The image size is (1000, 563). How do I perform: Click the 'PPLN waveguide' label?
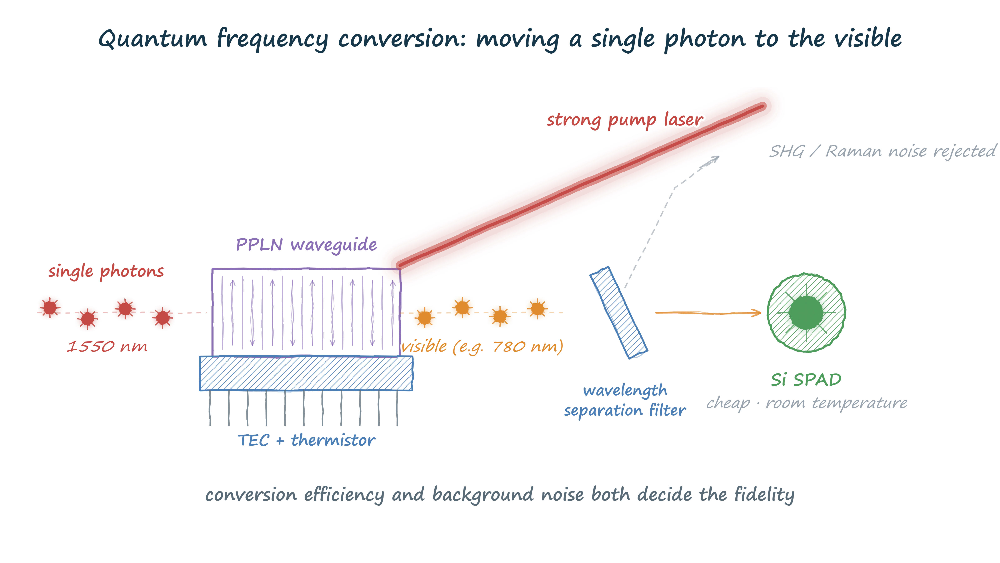(306, 245)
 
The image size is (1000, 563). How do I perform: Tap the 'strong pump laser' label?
(625, 120)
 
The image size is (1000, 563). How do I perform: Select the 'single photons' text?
(106, 271)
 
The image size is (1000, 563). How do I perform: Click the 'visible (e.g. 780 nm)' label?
(482, 346)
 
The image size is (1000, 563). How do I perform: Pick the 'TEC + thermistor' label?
(306, 440)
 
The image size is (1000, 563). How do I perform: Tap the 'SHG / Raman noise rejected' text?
(882, 151)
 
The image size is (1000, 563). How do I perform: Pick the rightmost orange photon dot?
(537, 309)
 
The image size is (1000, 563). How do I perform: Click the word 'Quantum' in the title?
(152, 39)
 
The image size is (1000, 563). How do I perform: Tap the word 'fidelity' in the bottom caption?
(764, 495)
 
